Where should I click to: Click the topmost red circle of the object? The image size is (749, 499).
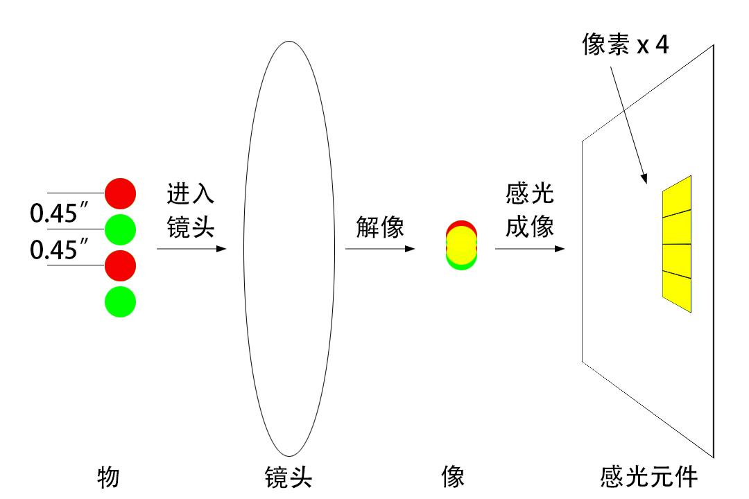pos(120,193)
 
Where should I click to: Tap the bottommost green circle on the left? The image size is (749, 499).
pos(120,301)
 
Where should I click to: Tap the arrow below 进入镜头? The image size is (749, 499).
pos(191,247)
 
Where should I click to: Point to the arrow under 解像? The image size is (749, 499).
pos(380,247)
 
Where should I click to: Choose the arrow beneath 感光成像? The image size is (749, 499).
pos(529,247)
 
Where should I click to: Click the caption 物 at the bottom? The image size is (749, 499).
pos(109,478)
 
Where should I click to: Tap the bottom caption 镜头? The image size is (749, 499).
pos(289,478)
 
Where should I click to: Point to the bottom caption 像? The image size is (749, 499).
pos(453,478)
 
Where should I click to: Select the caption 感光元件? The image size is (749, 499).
pos(649,478)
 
